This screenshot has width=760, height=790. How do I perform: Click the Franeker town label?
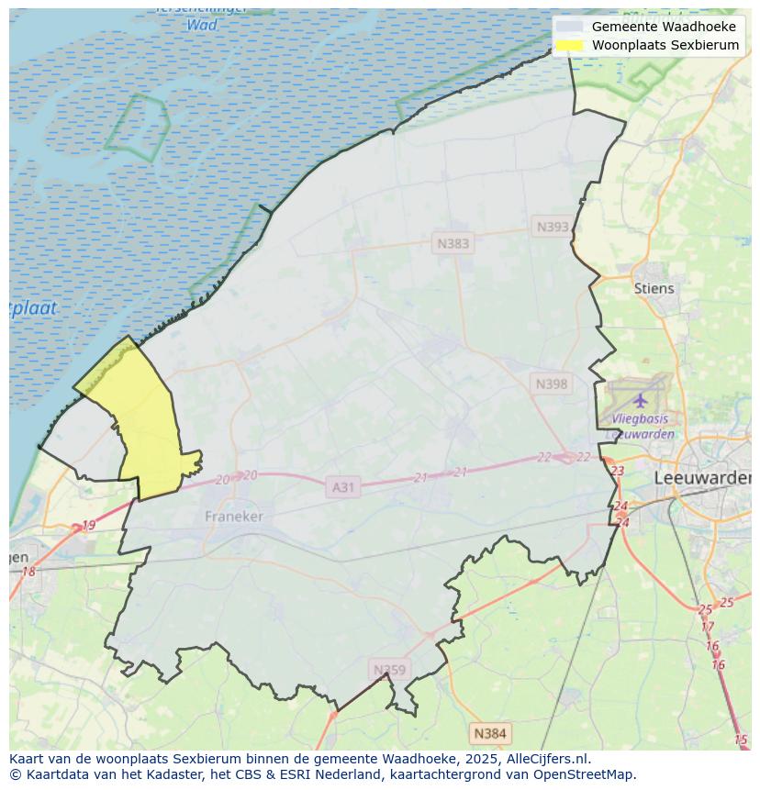click(x=233, y=517)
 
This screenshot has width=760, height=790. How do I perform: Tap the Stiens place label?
click(x=654, y=288)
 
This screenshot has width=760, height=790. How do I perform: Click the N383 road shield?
click(x=453, y=243)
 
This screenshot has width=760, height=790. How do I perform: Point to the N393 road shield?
click(x=553, y=227)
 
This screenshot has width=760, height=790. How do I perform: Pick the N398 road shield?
click(x=551, y=384)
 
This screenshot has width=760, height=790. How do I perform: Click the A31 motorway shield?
click(x=342, y=487)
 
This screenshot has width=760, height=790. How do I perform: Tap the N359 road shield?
click(x=388, y=670)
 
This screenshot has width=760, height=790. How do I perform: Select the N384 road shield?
click(x=489, y=733)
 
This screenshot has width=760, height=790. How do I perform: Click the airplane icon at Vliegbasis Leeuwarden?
click(x=640, y=400)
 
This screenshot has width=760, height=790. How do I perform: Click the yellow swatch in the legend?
click(x=569, y=45)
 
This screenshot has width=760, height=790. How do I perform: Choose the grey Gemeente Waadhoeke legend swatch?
click(x=569, y=27)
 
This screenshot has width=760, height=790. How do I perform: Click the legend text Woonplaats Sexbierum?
click(x=665, y=45)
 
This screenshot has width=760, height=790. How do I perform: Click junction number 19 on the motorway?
click(x=88, y=526)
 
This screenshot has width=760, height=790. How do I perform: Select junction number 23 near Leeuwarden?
click(x=617, y=471)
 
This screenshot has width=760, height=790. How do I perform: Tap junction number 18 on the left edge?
click(x=28, y=572)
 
